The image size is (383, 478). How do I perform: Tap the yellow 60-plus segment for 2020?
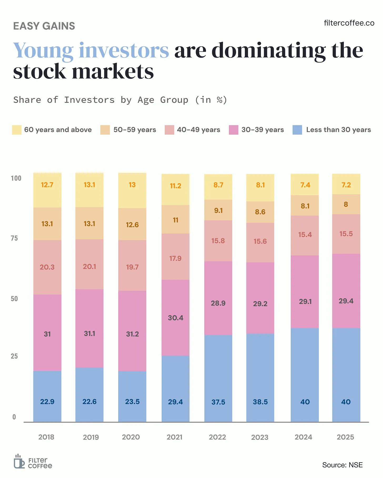coord(132,195)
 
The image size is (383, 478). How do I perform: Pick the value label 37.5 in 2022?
coord(218,402)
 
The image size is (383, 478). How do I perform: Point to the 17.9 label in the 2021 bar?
coord(175,258)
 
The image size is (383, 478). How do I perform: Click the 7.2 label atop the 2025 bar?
coord(346,185)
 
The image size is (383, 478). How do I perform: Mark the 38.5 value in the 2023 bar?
coord(260,402)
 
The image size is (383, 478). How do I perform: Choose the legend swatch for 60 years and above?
coord(17,130)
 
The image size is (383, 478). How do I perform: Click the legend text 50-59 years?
coord(135,130)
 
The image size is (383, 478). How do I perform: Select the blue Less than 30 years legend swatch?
coord(297,130)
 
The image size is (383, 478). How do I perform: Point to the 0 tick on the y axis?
coord(14,417)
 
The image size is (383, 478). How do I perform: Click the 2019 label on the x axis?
coord(91,437)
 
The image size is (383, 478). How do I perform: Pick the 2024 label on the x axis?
coord(303,437)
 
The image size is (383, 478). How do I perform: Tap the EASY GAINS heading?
coord(44,26)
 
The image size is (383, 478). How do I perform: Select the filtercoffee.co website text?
coord(349,23)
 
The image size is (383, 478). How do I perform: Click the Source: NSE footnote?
coord(342,465)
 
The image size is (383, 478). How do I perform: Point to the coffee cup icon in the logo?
coord(19,461)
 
